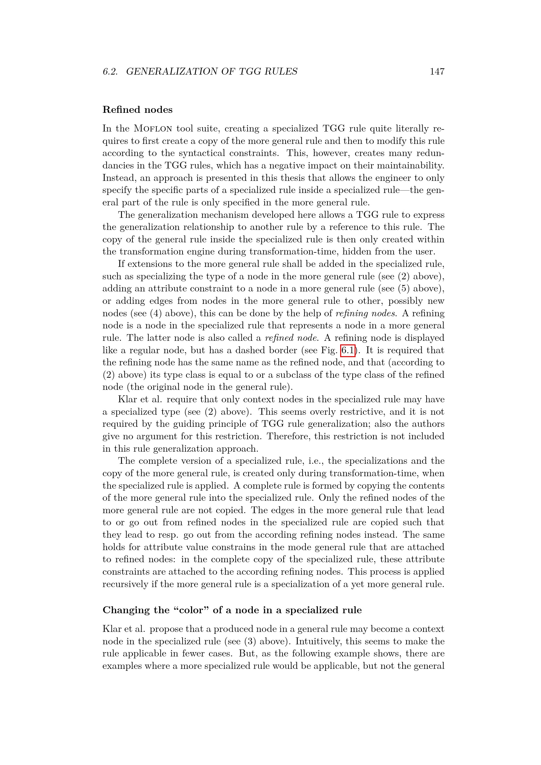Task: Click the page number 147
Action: (437, 72)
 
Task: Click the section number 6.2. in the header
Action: (110, 72)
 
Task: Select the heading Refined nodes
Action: (137, 110)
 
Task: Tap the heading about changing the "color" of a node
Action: (232, 610)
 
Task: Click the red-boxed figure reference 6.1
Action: (348, 350)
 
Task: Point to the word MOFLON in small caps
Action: (153, 129)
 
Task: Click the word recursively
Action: (125, 584)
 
